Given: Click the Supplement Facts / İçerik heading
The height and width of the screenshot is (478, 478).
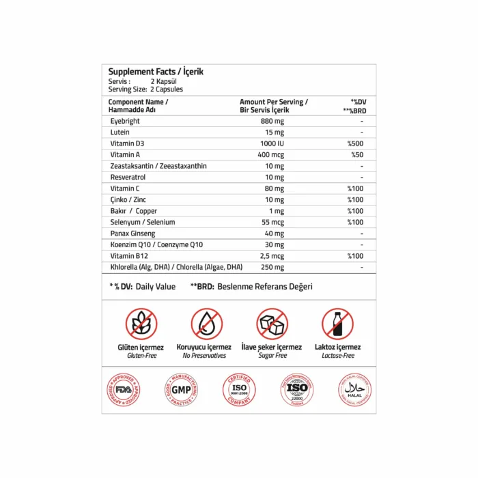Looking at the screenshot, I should [156, 72].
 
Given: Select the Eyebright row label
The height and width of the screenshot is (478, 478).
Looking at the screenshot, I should [126, 121].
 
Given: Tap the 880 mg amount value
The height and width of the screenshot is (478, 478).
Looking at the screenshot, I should [272, 121].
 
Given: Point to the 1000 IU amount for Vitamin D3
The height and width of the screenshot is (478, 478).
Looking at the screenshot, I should [272, 143].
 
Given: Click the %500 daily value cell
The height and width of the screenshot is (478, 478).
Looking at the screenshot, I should [355, 143].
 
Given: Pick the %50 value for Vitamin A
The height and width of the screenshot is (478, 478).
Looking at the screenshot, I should [356, 154].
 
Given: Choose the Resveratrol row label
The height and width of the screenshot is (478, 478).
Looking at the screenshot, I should [128, 177].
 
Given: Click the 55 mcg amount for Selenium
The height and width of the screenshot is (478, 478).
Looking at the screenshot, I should [272, 222].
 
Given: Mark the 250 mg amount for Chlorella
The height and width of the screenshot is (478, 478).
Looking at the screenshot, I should [272, 267].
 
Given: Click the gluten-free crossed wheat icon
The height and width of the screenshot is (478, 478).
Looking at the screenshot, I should [141, 324].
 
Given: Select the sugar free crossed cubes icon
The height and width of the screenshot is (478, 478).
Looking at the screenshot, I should [272, 324].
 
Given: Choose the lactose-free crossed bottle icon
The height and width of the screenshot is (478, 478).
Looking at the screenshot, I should [337, 324].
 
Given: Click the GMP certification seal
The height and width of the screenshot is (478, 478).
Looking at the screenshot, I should [180, 390].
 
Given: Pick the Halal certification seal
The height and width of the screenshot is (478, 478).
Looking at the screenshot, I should [354, 390].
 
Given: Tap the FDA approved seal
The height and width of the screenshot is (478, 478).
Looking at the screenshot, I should [123, 390].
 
